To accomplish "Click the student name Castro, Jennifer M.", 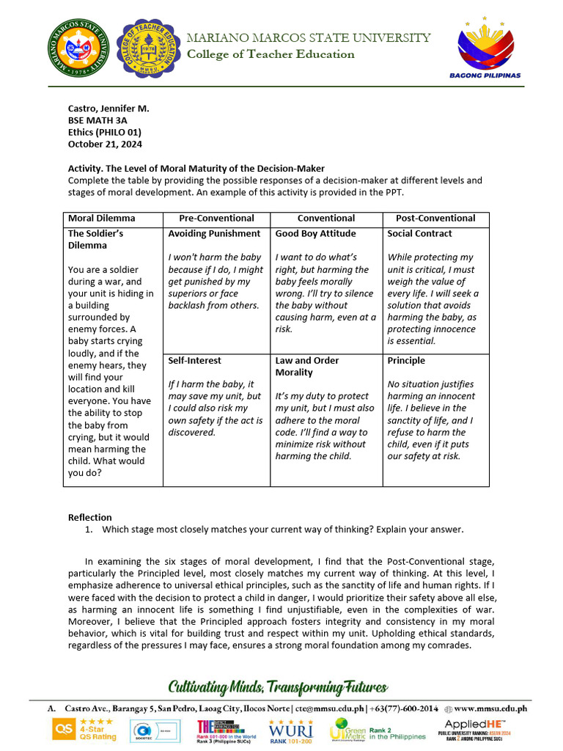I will [108, 108].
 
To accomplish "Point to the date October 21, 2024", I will [105, 144].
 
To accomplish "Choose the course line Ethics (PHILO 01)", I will [105, 132].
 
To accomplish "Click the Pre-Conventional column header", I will [216, 218].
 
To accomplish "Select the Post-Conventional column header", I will [435, 218].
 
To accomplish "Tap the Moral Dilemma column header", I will [101, 218].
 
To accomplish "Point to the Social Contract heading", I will [419, 233].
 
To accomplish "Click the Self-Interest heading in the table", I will [194, 360].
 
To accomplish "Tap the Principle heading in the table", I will [406, 360].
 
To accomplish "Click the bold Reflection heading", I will [89, 517].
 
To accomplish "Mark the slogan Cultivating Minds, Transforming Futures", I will [278, 687].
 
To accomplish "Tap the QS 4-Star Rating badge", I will [84, 730].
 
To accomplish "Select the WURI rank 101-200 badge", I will [291, 730].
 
